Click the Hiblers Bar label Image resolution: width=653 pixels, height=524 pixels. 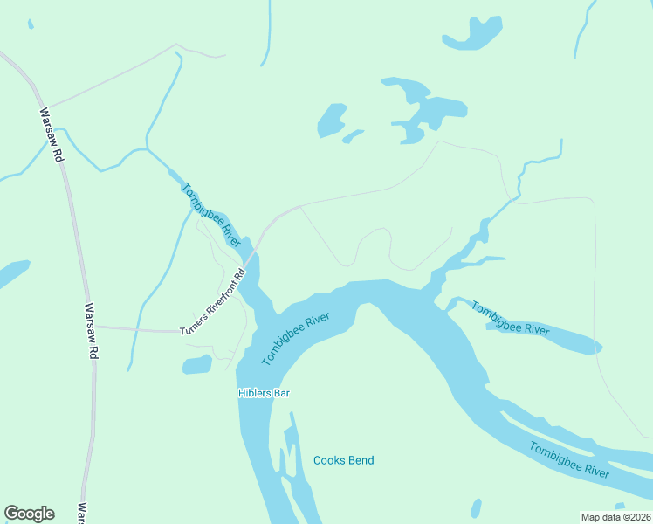click(264, 393)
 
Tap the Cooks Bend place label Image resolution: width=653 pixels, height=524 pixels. click(343, 460)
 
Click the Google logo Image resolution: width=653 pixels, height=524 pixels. click(29, 514)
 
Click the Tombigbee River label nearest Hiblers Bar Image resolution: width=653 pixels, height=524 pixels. click(295, 339)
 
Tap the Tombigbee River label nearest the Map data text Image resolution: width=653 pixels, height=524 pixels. click(569, 459)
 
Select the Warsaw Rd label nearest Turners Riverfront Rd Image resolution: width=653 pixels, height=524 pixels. click(90, 333)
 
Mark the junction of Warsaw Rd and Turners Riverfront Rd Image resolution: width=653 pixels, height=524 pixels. click(94, 327)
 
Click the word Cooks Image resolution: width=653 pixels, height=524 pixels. click(328, 460)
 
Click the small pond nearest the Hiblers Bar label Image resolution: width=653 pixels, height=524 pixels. click(197, 364)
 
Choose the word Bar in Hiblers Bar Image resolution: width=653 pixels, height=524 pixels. click(281, 393)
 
